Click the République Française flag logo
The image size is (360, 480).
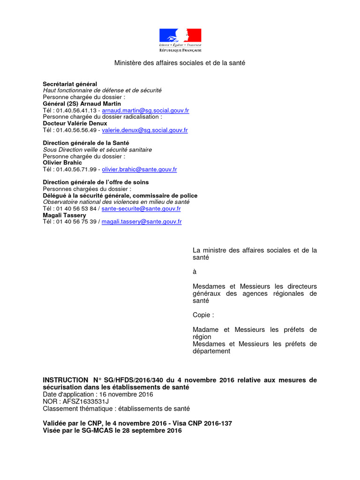coord(180,40)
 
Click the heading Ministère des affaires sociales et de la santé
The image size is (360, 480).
coord(180,63)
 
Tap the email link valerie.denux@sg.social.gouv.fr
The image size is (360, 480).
coord(144,130)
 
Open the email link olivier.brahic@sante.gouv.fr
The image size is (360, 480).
coord(139,170)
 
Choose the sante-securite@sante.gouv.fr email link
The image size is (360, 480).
coord(141,209)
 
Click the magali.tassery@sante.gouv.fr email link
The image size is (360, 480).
coord(142,222)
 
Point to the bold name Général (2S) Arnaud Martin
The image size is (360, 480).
coord(82,104)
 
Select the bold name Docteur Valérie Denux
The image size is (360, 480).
coord(75,123)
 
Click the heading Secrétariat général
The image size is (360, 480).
coord(70,84)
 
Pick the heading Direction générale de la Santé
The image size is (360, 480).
coord(86,142)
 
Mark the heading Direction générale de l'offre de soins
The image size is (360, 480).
coord(96,182)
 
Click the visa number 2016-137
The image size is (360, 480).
coord(214,423)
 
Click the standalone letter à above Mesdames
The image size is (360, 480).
coord(195,272)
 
